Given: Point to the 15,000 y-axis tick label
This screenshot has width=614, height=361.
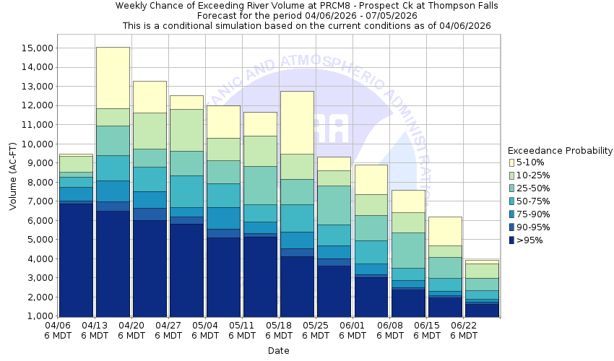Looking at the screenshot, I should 33,48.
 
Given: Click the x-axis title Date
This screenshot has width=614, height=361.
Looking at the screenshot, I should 278,351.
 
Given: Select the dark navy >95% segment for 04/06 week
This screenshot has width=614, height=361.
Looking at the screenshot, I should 75,260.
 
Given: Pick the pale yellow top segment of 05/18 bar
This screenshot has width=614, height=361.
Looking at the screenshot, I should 297,122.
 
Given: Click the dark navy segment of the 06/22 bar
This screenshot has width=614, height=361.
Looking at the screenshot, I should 482,310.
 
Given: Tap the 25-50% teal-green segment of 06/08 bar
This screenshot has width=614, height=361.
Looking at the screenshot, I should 408,250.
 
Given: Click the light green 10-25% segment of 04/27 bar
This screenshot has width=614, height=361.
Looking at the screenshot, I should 186,130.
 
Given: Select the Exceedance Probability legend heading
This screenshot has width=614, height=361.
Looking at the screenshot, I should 560,151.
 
